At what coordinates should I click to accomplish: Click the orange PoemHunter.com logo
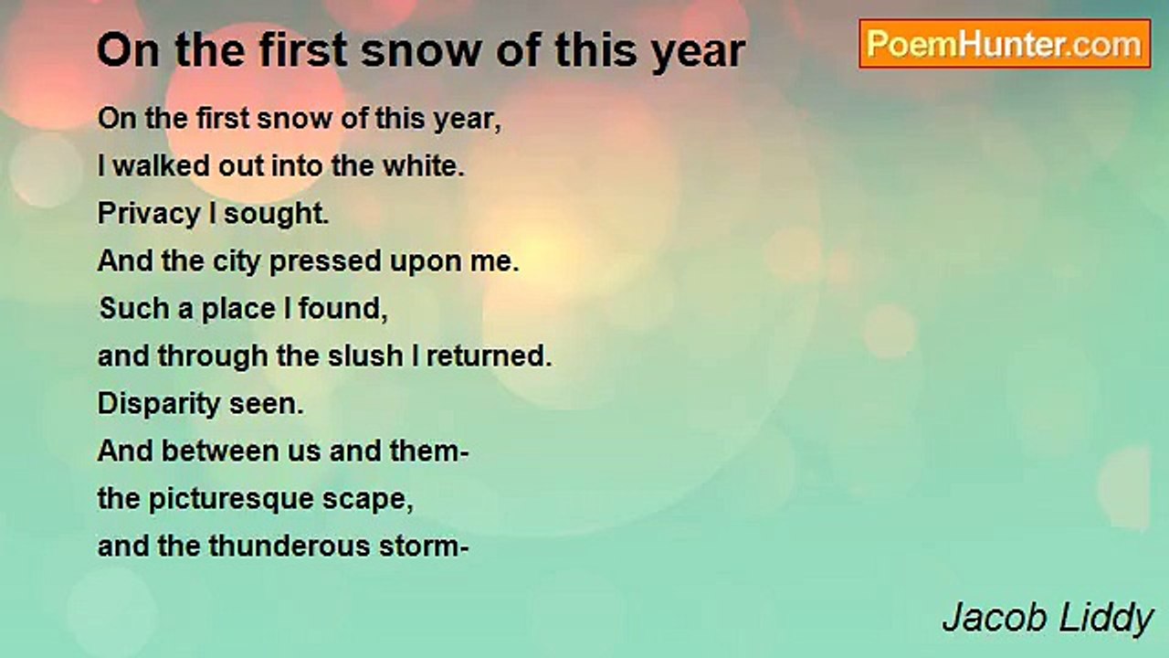tap(1005, 44)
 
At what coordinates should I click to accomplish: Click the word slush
tap(365, 356)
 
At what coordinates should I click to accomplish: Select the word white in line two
tap(423, 166)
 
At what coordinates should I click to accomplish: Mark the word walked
tap(162, 166)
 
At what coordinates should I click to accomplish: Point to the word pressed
tap(325, 262)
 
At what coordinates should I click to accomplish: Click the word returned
tap(489, 356)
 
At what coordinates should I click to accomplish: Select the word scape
tap(367, 500)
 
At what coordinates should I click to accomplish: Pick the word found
tap(342, 309)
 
